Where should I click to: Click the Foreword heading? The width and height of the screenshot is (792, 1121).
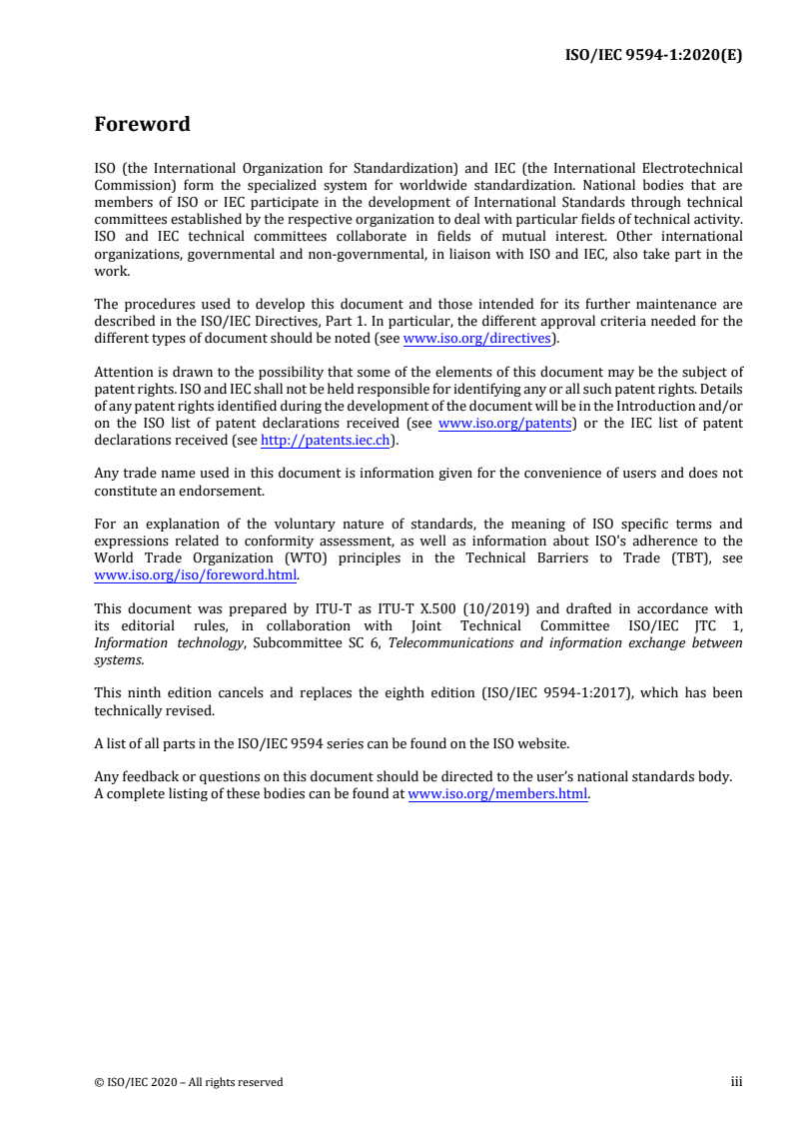point(142,125)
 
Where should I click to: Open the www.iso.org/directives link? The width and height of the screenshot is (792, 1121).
point(476,338)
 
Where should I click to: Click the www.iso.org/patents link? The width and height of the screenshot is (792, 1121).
point(504,423)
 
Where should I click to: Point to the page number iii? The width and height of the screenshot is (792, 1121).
point(736,1081)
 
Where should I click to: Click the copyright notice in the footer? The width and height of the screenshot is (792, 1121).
point(188,1082)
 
